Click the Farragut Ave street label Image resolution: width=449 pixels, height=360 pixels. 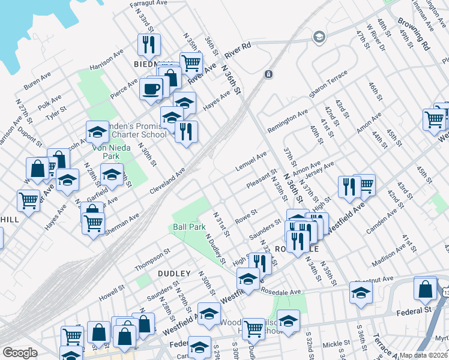[x=149, y=3]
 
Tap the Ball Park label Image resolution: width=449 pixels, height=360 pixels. [x=189, y=227]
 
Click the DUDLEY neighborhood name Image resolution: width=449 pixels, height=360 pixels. [x=174, y=273]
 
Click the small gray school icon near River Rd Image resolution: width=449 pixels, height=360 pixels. [x=318, y=38]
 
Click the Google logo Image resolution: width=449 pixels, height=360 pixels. [x=20, y=352]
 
